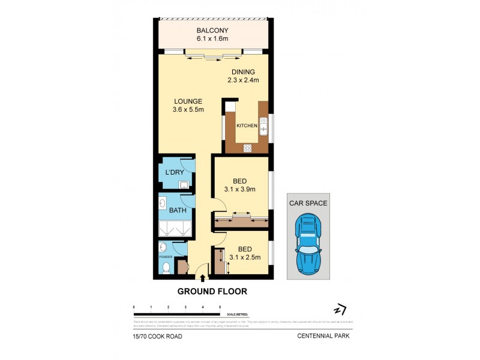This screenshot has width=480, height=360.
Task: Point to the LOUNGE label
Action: point(188,101)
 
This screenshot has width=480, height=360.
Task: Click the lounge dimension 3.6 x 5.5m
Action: point(188,110)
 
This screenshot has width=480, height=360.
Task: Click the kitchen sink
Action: point(263,125)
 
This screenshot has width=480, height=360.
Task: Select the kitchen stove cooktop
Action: point(247,148)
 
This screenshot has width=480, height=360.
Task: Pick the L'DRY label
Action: point(174,173)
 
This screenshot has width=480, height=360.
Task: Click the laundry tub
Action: point(184,185)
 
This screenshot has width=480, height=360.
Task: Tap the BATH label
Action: point(177,211)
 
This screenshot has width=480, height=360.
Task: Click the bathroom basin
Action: point(163,203)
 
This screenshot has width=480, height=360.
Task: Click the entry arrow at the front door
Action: point(203,278)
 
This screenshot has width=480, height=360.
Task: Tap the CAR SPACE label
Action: point(308,203)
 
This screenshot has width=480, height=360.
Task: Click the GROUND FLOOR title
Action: point(212,292)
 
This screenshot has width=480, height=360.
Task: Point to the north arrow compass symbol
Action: point(340,310)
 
